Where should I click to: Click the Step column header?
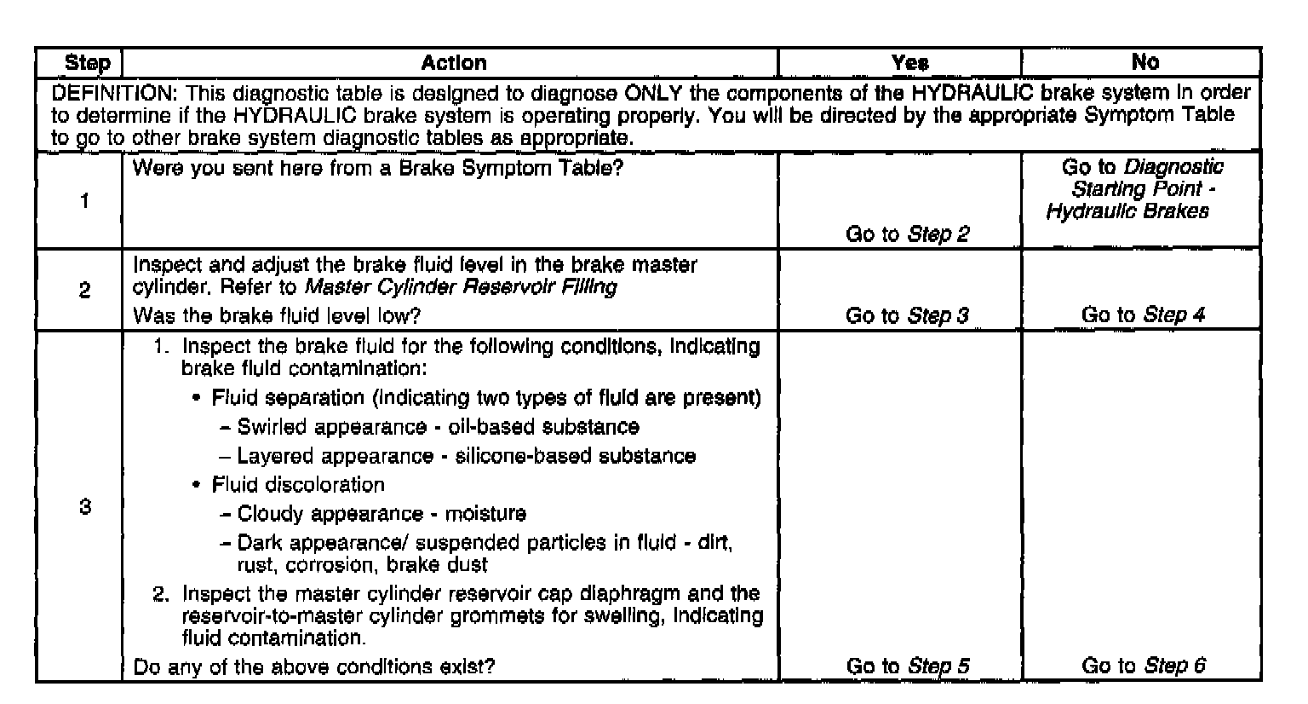click(x=88, y=63)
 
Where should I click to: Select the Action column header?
click(x=454, y=63)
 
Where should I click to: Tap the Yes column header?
click(x=909, y=63)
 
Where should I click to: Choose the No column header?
click(x=1144, y=62)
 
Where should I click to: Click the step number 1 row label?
click(x=85, y=201)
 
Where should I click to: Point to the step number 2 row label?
click(x=85, y=290)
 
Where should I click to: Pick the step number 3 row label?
click(x=85, y=507)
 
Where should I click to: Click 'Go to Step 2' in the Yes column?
click(x=907, y=234)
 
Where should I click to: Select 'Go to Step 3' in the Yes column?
click(x=907, y=315)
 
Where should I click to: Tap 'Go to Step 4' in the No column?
click(x=1143, y=314)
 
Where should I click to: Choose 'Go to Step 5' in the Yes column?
click(x=907, y=666)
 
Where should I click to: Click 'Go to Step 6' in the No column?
click(x=1143, y=666)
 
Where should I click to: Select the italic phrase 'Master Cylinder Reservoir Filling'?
click(x=461, y=287)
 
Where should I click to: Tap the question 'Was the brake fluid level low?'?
click(x=277, y=315)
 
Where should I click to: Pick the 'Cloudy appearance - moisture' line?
click(x=381, y=514)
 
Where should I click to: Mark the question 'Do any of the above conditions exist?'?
click(x=313, y=666)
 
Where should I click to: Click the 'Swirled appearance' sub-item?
click(x=438, y=426)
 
